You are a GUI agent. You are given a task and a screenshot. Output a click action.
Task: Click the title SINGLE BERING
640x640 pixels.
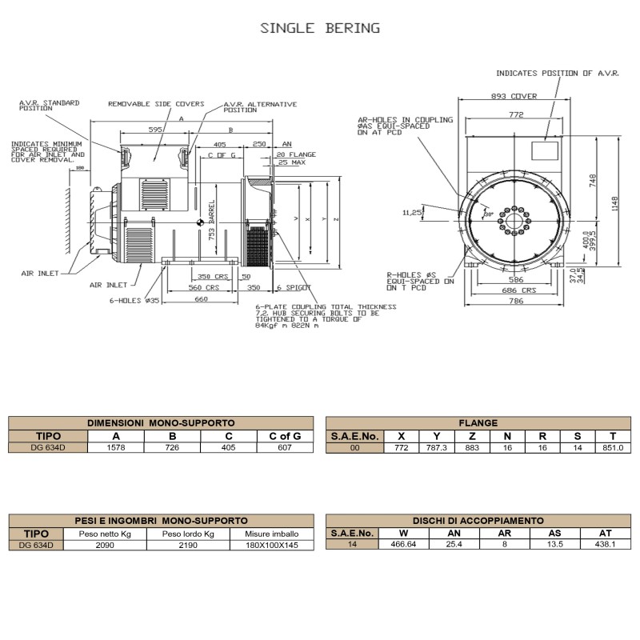point(320,28)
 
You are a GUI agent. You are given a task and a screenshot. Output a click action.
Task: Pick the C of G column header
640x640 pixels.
point(284,436)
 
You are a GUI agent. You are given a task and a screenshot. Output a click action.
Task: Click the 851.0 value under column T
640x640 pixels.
point(612,448)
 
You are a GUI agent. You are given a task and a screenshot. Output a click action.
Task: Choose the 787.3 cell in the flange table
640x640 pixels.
point(437,448)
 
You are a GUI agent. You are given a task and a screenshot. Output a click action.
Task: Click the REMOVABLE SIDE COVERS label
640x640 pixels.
point(156,104)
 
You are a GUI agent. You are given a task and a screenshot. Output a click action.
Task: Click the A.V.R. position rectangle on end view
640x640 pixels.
point(546,150)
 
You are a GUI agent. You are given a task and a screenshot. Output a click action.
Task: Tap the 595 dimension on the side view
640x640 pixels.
point(155,129)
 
